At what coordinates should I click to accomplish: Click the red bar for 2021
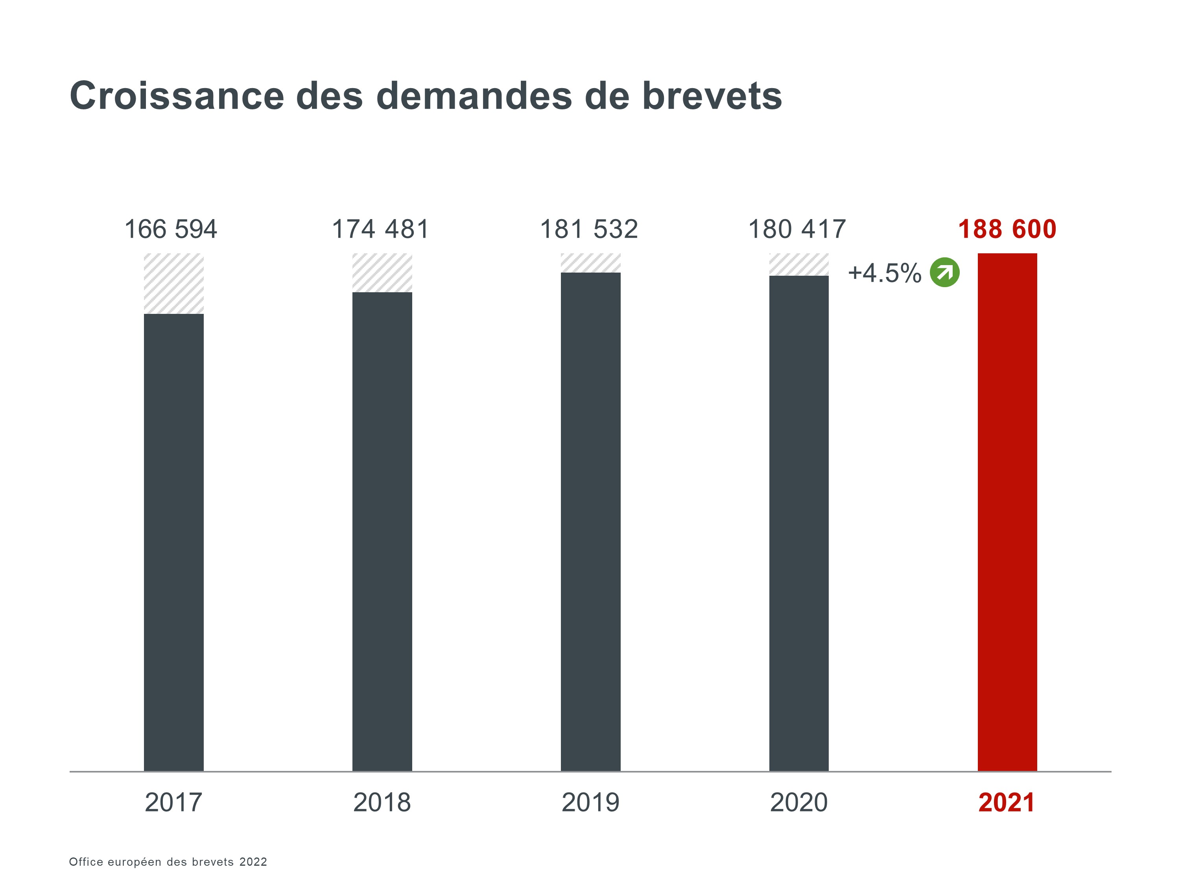[x=1007, y=512]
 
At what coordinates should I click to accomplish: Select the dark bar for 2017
[x=173, y=542]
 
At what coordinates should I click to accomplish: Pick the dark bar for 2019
[x=590, y=522]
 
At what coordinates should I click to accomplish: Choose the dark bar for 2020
[x=798, y=523]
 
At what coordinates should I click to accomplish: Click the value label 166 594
[x=171, y=229]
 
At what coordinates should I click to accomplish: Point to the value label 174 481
[x=380, y=229]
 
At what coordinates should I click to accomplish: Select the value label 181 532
[x=589, y=229]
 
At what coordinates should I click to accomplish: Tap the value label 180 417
[x=797, y=229]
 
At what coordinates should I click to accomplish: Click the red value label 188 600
[x=1007, y=229]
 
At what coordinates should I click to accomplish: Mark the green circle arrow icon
[x=944, y=273]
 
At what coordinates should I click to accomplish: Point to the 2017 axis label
[x=173, y=802]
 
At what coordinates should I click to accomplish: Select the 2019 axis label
[x=590, y=802]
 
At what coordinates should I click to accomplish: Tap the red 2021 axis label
[x=1007, y=802]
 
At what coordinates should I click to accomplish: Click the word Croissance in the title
[x=177, y=96]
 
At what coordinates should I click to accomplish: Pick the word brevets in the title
[x=712, y=96]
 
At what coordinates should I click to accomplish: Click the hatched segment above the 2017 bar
[x=173, y=283]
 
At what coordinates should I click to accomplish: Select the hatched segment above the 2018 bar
[x=382, y=273]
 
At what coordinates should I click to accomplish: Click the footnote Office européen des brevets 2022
[x=168, y=861]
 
